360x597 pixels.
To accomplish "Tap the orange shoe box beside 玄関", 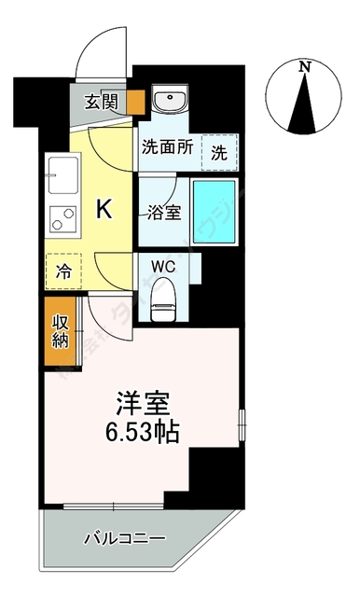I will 136,102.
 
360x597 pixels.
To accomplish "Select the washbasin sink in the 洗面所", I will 170,102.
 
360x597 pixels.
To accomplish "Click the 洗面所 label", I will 167,146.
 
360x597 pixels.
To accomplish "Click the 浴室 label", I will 164,211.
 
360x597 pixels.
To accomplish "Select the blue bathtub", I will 214,212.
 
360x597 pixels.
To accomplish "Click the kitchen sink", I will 62,174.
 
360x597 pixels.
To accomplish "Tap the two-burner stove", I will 62,219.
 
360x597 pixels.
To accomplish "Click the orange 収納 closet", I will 61,330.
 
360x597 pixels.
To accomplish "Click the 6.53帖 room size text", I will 141,432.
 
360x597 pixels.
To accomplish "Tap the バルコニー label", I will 123,539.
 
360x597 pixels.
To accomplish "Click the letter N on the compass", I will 304,66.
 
